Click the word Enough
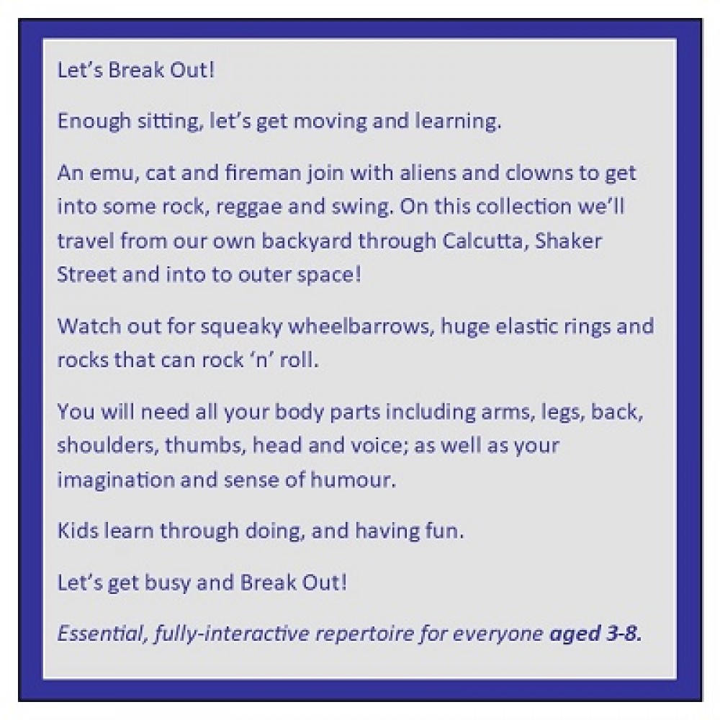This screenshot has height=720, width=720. pyautogui.click(x=94, y=122)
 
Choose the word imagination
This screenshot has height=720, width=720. pyautogui.click(x=116, y=480)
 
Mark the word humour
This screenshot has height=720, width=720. pyautogui.click(x=353, y=480)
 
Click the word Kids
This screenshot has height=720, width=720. pyautogui.click(x=78, y=531)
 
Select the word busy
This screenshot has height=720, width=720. pyautogui.click(x=167, y=583)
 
